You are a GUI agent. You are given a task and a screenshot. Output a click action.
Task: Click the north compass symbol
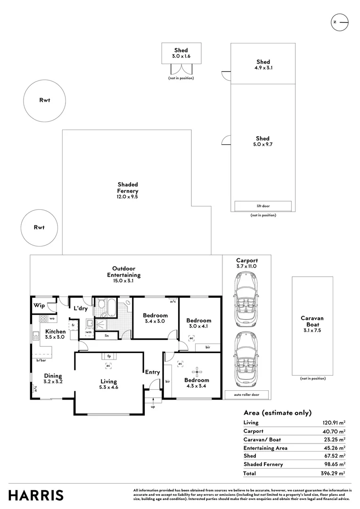pyautogui.click(x=339, y=22)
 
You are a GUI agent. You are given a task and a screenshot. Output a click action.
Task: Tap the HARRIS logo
pyautogui.click(x=36, y=495)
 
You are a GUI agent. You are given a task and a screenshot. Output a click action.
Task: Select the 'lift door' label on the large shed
pyautogui.click(x=263, y=206)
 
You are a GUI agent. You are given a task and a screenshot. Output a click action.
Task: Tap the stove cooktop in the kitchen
pyautogui.click(x=42, y=318)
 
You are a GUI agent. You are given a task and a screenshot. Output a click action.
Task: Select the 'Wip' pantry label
pyautogui.click(x=39, y=305)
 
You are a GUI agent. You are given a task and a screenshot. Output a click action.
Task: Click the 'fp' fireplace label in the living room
pyautogui.click(x=108, y=356)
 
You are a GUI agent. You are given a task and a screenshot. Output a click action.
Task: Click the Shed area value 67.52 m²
pyautogui.click(x=333, y=456)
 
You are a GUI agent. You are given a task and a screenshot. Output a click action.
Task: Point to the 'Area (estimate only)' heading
pyautogui.click(x=277, y=413)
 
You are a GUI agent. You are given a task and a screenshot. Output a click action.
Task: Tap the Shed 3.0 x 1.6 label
pyautogui.click(x=181, y=53)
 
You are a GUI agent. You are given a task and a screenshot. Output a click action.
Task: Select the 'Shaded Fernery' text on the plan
pyautogui.click(x=128, y=188)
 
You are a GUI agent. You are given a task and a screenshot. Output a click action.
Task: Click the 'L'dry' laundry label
pyautogui.click(x=80, y=309)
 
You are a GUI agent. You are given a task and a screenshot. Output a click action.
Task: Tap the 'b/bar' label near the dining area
pyautogui.click(x=41, y=361)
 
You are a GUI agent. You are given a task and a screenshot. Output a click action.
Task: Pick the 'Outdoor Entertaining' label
pyautogui.click(x=123, y=271)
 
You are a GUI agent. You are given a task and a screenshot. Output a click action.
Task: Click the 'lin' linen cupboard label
pyautogui.click(x=106, y=336)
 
